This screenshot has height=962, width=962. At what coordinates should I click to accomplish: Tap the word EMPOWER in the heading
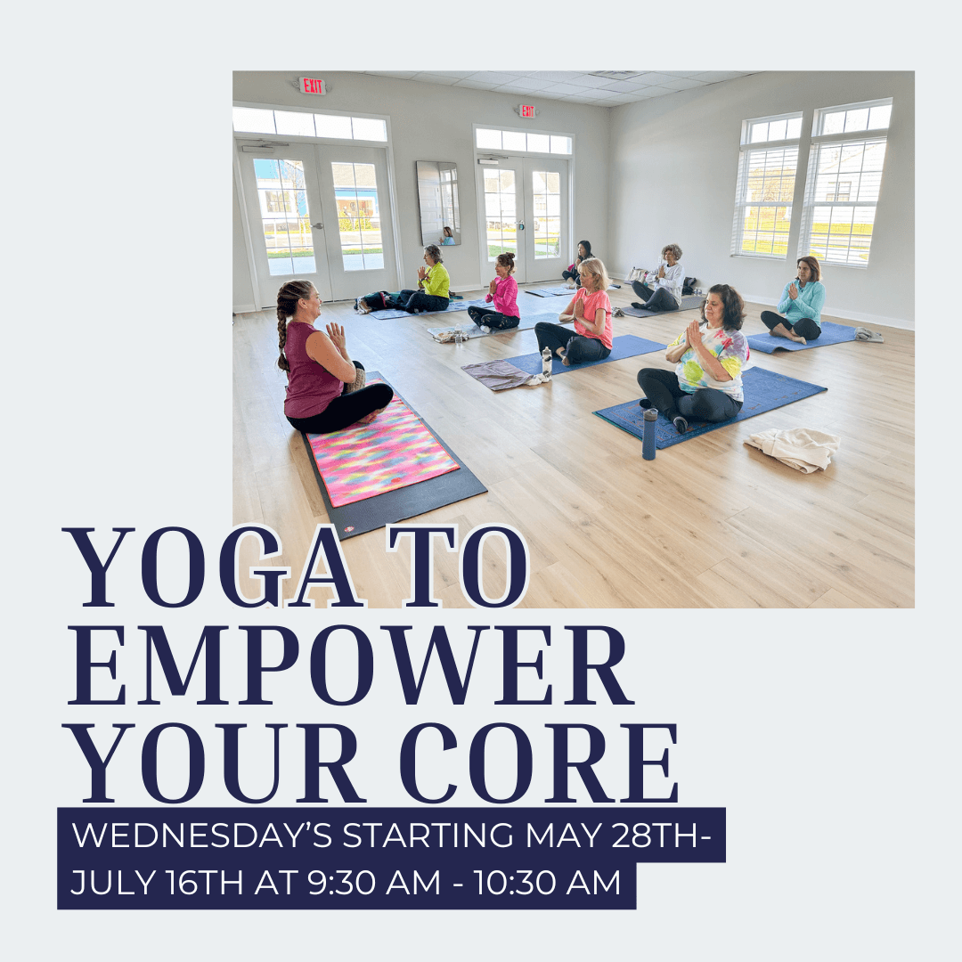(x=350, y=665)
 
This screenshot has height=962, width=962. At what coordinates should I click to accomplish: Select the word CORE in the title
(x=539, y=762)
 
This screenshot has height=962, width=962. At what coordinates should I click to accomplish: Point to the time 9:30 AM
(x=374, y=882)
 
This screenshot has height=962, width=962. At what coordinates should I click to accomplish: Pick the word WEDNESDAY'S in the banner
(x=202, y=835)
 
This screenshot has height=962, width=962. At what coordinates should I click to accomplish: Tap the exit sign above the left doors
(x=313, y=86)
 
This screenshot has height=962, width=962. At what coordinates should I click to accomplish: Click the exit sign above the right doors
(x=527, y=111)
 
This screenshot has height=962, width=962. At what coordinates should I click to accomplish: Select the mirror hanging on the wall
(x=438, y=203)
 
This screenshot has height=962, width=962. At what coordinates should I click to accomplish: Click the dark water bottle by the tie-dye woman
(x=649, y=434)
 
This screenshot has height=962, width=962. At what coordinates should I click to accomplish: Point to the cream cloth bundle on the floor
(x=793, y=448)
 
